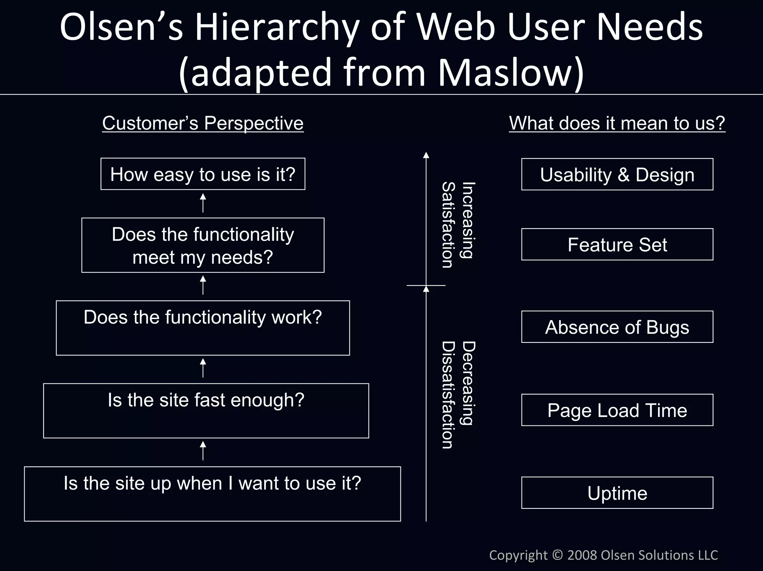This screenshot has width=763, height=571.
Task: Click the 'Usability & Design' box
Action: pos(617,174)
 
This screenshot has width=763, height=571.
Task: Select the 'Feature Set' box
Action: pos(617,244)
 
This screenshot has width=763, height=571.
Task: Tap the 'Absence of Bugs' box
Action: pos(617,327)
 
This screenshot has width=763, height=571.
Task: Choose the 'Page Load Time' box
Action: pos(617,410)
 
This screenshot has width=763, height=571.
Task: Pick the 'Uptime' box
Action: pos(617,492)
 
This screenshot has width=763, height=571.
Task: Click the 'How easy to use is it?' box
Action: pos(203,174)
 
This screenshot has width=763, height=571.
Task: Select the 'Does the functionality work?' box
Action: pos(203,328)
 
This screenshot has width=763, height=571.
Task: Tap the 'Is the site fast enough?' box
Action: pos(206,411)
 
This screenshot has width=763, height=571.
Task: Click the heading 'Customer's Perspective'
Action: pos(203,123)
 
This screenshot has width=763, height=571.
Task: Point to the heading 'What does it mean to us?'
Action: pos(617,123)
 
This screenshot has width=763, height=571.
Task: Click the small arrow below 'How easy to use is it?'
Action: pos(203,203)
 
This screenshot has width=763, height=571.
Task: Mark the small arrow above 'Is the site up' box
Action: pos(203,451)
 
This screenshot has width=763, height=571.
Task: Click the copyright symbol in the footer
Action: pos(557,555)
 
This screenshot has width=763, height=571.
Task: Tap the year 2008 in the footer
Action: pos(582,555)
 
